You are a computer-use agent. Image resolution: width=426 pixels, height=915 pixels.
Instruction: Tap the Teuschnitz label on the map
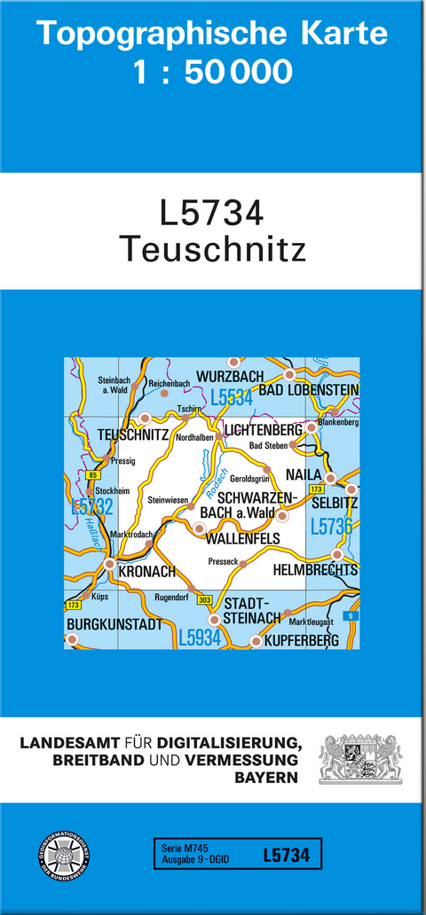[133, 434]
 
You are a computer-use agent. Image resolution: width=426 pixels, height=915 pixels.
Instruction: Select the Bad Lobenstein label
[308, 389]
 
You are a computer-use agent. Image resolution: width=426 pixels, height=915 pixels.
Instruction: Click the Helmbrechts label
[316, 569]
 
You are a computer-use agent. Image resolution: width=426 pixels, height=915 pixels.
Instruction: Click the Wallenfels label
[242, 538]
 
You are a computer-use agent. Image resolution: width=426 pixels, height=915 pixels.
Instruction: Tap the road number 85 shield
[93, 476]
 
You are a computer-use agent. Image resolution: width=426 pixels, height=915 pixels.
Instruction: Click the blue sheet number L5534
[232, 399]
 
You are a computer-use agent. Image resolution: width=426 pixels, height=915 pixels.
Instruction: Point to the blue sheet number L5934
[199, 637]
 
